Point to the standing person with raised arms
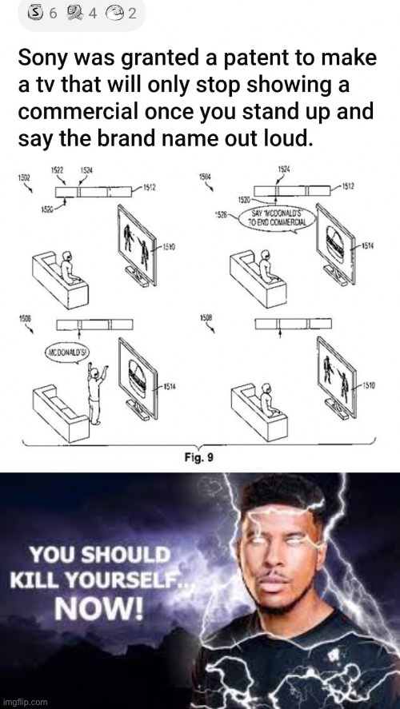pyautogui.click(x=95, y=389)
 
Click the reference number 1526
pyautogui.click(x=220, y=214)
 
